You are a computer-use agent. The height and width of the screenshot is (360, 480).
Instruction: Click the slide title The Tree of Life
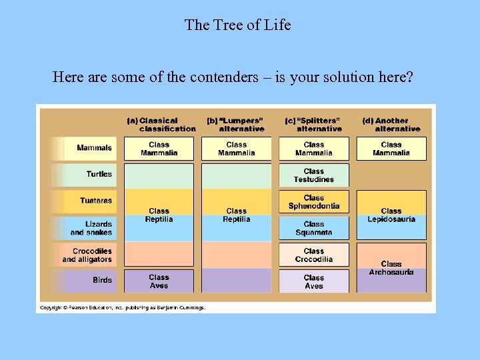(x=238, y=25)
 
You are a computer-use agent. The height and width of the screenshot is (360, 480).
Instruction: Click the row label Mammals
(x=94, y=147)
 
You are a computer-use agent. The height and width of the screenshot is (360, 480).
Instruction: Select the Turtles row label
(x=99, y=174)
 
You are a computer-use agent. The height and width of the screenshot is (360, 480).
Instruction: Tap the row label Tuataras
(x=96, y=201)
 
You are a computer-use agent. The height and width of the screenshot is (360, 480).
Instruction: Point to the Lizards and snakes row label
(x=91, y=228)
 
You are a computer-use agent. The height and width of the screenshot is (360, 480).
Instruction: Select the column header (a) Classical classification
(x=161, y=125)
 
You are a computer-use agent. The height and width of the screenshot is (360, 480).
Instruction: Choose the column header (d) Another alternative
(x=391, y=125)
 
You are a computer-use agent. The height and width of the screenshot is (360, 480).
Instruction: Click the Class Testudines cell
(x=313, y=175)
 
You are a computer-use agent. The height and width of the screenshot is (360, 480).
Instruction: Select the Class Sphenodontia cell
(x=313, y=202)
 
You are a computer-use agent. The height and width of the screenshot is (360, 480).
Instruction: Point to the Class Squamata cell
(x=313, y=229)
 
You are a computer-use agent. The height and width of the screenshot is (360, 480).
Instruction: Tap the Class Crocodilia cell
(x=313, y=255)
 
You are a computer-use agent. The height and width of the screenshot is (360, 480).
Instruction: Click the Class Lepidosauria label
(x=391, y=215)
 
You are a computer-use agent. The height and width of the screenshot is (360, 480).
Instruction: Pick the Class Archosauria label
(x=391, y=268)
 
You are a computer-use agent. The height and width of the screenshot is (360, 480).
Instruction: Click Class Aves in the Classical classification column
(x=159, y=281)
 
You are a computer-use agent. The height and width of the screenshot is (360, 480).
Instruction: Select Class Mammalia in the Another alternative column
(x=391, y=149)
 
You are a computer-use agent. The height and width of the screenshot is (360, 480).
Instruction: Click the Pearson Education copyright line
(x=123, y=307)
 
